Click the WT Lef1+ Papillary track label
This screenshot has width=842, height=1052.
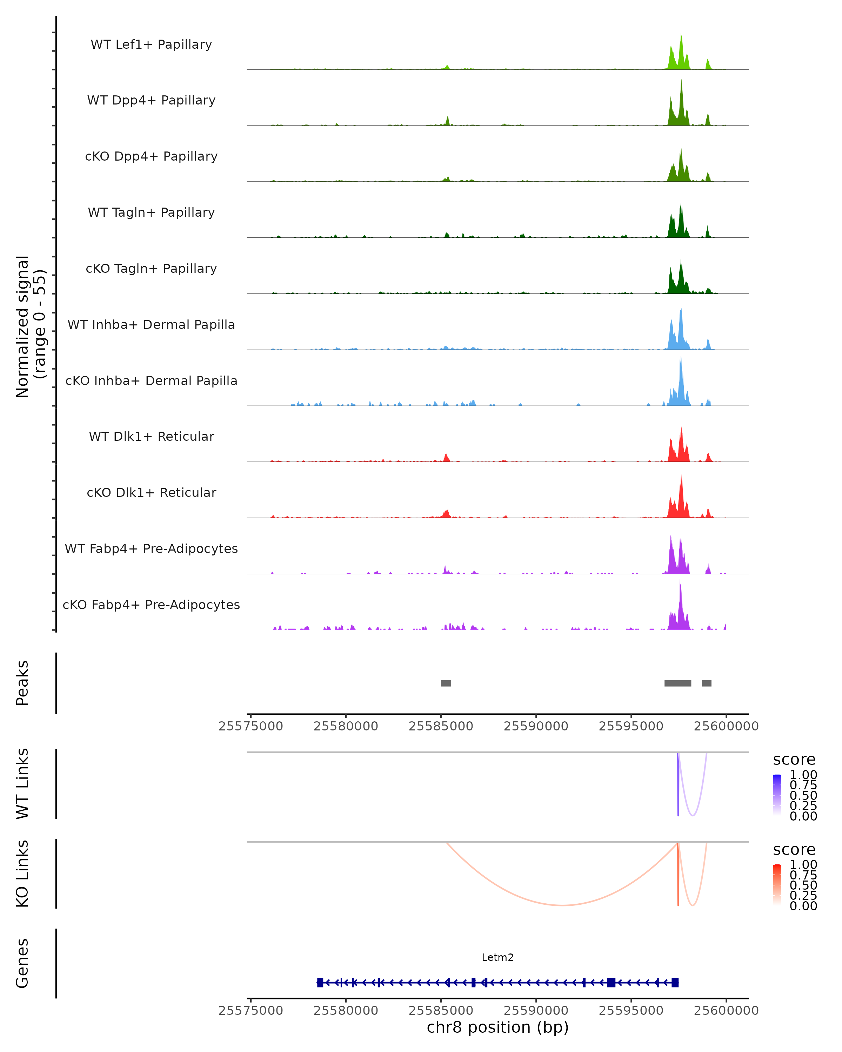(151, 45)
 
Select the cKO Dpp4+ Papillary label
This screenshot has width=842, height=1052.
(151, 157)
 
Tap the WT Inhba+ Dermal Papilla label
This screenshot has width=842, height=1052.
(151, 325)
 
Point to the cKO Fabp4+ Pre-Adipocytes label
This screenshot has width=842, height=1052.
(151, 605)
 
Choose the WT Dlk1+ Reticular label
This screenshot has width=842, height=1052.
(151, 437)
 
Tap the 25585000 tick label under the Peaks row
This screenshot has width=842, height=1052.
(441, 727)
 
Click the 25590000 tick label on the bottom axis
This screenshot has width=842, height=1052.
(536, 1011)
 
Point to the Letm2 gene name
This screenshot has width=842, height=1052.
(497, 958)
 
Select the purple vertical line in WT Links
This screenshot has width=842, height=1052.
(678, 785)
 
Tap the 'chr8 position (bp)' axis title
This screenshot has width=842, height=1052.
(497, 1027)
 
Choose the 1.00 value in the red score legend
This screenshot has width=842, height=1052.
(803, 865)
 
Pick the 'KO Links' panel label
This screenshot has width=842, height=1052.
(22, 874)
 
